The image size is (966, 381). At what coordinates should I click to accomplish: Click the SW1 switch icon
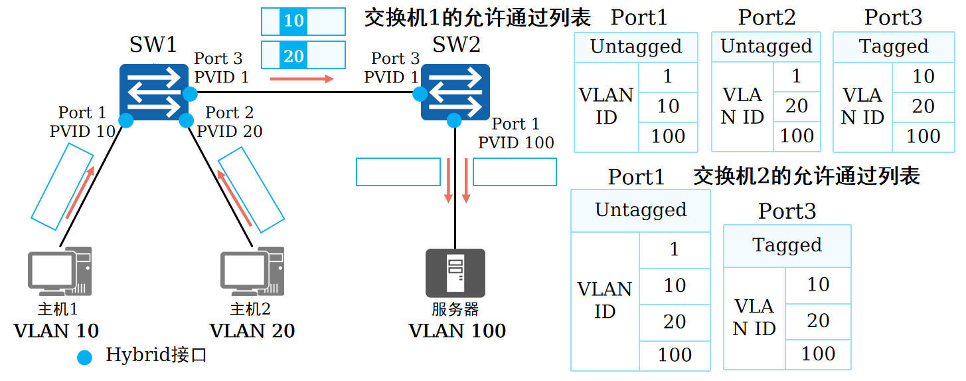point(154,92)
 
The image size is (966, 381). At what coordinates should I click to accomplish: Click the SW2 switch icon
point(455,92)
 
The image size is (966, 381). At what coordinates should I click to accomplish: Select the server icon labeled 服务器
point(455,273)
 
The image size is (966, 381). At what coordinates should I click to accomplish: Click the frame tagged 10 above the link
point(303,21)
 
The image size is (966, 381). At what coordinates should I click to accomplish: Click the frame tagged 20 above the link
point(303,55)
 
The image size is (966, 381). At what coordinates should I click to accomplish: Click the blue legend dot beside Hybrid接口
point(85,357)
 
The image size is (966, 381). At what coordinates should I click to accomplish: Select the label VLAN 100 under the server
point(457,330)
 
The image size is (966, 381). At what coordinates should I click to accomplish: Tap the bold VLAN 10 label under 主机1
point(56,330)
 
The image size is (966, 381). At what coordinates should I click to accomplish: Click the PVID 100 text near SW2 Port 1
point(516,142)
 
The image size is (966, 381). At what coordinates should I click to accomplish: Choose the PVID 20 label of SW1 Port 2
point(230,131)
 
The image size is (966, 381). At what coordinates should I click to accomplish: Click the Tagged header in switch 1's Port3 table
point(893,47)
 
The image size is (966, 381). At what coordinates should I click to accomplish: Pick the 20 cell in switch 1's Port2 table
point(797,106)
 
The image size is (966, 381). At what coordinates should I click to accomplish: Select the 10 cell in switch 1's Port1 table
point(668,106)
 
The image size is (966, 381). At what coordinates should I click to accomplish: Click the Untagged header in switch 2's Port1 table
point(641,210)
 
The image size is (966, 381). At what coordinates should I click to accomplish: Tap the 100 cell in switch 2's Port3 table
point(818,354)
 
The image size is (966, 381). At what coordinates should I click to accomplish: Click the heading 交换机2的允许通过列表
point(806,176)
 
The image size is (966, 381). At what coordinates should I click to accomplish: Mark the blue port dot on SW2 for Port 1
point(454,120)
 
